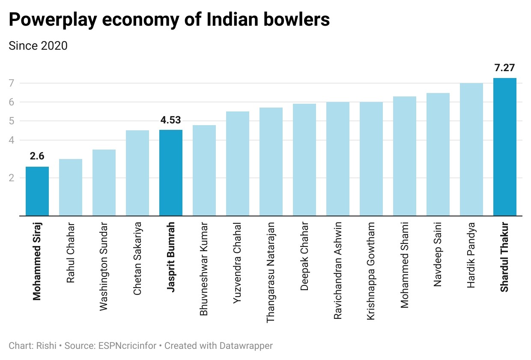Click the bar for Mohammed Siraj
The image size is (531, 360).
click(x=37, y=191)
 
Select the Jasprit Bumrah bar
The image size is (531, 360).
click(x=171, y=173)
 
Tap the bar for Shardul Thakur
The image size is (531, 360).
click(x=505, y=147)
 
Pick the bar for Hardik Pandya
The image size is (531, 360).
click(x=471, y=150)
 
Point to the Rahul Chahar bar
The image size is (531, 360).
click(x=71, y=187)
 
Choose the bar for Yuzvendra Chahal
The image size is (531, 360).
click(x=238, y=163)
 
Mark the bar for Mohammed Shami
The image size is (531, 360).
click(x=405, y=156)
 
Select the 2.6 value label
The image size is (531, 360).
click(x=37, y=156)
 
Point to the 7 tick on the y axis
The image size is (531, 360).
click(x=12, y=83)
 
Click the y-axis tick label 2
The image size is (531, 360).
click(x=12, y=177)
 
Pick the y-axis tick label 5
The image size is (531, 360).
click(x=12, y=121)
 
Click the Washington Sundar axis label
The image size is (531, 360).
click(x=104, y=266)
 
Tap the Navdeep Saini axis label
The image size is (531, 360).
click(x=438, y=254)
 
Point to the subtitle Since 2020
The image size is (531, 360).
click(x=38, y=45)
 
